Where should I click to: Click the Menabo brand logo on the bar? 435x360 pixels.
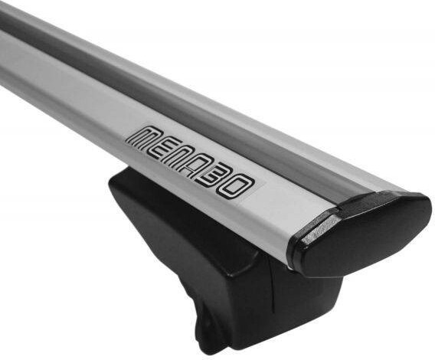(x=191, y=162)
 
